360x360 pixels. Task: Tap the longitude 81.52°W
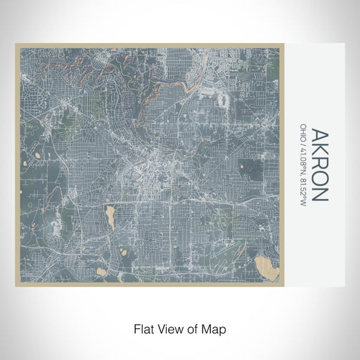tap(303, 188)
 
